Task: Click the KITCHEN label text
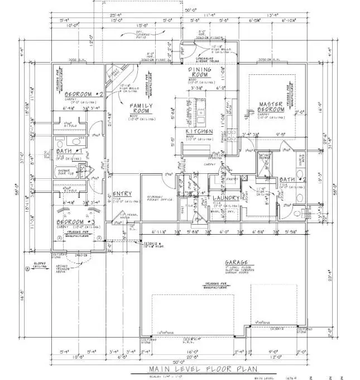pos(200,131)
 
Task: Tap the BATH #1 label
pos(70,151)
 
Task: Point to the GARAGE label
pos(237,262)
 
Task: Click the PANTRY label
pos(233,179)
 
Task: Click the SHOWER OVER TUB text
pos(68,173)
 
